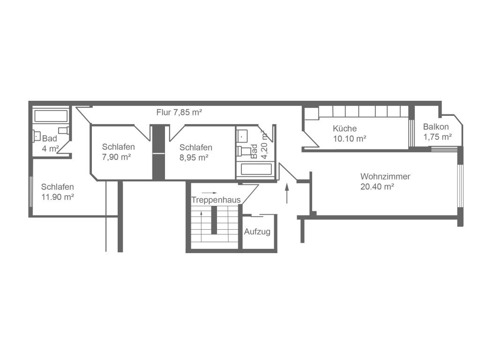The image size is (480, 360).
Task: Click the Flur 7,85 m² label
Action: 179,112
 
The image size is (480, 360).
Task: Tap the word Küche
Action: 345,128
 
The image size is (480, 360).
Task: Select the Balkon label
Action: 436,127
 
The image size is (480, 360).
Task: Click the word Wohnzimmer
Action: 385,176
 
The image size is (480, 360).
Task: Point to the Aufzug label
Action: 257,232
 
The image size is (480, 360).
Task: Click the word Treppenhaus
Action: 216,200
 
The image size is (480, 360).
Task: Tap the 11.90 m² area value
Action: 58,197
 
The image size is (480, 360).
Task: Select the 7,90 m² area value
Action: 116,157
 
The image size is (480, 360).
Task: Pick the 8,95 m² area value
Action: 194,157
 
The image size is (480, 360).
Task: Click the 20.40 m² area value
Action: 377,187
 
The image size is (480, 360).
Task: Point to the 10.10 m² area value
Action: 350,139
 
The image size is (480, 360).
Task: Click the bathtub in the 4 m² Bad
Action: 51,116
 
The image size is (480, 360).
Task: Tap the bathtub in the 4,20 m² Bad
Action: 256,169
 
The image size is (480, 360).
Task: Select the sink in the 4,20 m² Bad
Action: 242,135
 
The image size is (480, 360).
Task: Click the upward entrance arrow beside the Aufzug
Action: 287,193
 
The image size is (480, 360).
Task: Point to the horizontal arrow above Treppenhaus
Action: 210,193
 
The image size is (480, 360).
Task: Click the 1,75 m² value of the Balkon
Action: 437,136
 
